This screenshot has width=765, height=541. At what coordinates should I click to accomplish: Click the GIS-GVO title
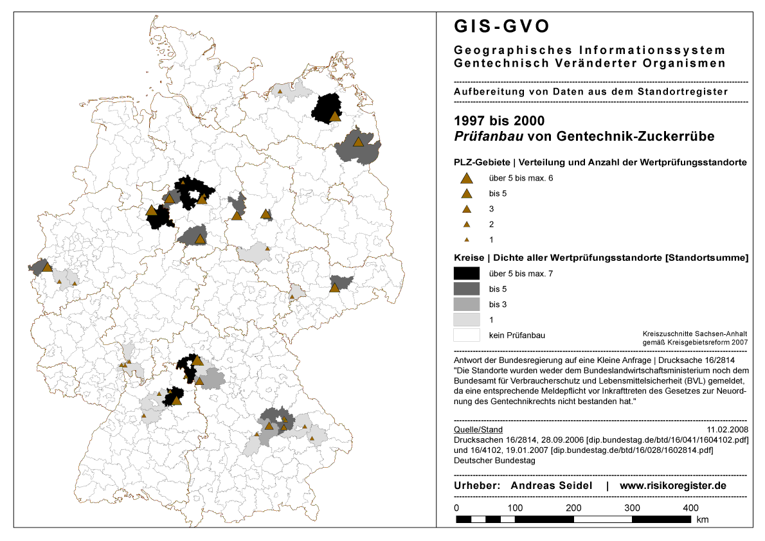[x=502, y=26]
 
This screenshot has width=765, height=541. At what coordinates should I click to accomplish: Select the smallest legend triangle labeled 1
[x=467, y=239]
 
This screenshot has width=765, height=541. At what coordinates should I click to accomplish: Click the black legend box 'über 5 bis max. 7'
[x=467, y=273]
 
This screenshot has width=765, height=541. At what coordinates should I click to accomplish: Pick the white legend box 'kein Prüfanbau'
[x=467, y=335]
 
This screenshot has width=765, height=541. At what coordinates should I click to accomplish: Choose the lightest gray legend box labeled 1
[x=467, y=319]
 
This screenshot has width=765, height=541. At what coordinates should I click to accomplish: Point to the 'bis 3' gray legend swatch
[x=467, y=304]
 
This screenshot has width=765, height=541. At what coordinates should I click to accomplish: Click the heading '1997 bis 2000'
[x=499, y=121]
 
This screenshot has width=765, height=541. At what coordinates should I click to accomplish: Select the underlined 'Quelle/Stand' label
[x=478, y=430]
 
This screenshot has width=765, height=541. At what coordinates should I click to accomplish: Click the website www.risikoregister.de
[x=673, y=486]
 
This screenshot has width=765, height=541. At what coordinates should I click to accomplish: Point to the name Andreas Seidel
[x=551, y=486]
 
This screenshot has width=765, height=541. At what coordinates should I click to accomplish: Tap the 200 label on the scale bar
[x=574, y=508]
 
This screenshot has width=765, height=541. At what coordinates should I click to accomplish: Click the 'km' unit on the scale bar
[x=703, y=519]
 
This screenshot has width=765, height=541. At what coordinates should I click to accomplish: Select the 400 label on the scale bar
[x=691, y=508]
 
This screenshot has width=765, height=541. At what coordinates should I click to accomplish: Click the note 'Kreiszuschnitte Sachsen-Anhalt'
[x=695, y=334]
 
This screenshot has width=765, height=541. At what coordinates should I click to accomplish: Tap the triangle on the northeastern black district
[x=335, y=116]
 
